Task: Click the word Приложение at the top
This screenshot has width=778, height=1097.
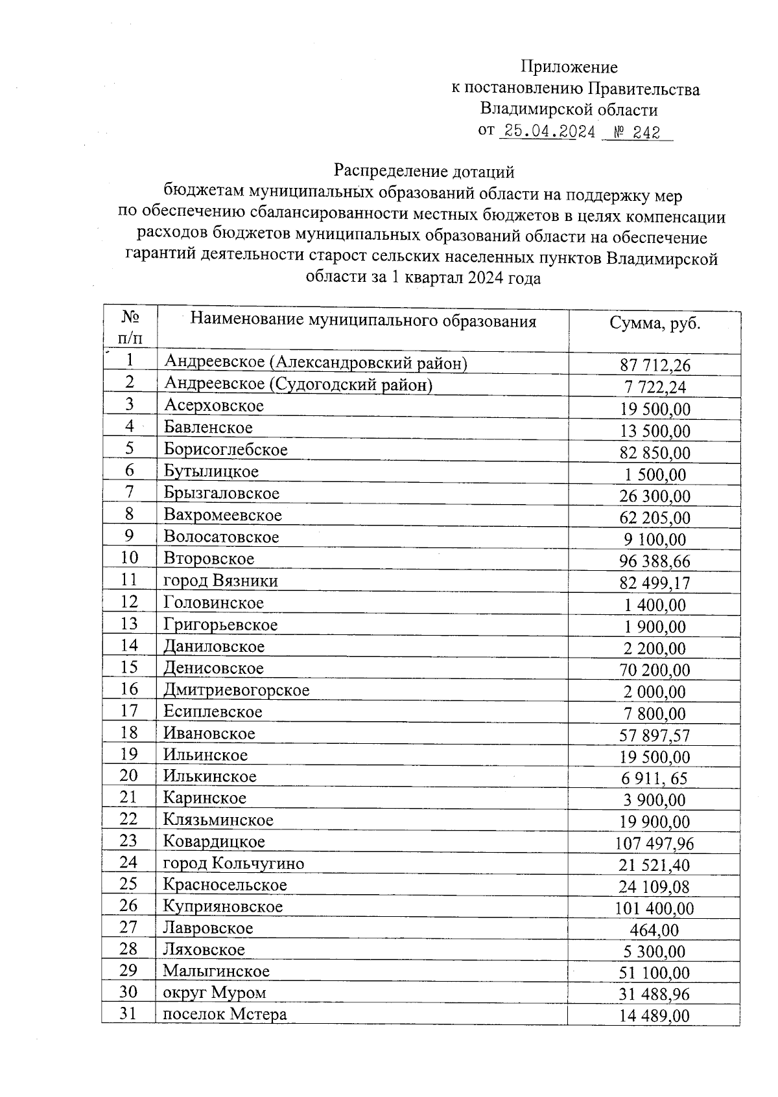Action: [x=569, y=67]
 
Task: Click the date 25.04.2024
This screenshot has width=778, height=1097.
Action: [x=549, y=132]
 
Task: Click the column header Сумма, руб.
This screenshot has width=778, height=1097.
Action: [x=655, y=323]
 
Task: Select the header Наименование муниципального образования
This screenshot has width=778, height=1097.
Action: [x=363, y=320]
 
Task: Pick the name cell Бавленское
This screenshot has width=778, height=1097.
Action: [x=208, y=428]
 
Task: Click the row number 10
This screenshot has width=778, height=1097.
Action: [x=129, y=558]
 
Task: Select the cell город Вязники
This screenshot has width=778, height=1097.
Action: [x=220, y=581]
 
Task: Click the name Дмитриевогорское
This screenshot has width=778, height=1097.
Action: [x=236, y=690]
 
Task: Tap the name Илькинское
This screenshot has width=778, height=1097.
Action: [x=209, y=776]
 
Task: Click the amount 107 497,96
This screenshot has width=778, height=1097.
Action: [x=654, y=844]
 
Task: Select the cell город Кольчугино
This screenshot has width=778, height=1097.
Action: [x=233, y=863]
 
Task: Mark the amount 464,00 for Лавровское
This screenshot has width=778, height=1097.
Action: [x=654, y=930]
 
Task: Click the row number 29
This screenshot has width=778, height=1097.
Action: [x=129, y=971]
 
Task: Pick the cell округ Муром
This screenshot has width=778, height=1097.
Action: [x=214, y=993]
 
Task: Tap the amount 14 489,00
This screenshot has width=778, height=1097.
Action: [x=654, y=1016]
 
